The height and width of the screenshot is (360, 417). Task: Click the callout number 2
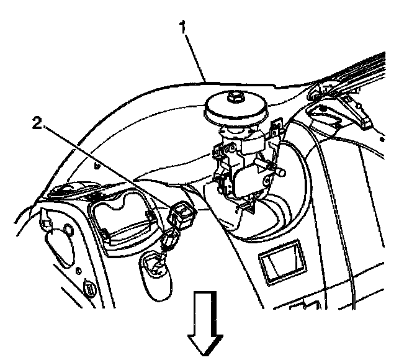click(38, 124)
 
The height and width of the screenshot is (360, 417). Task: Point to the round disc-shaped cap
click(236, 112)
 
